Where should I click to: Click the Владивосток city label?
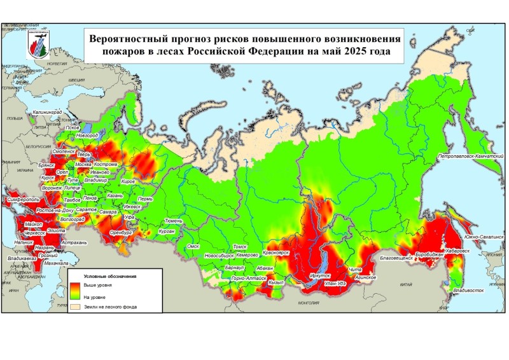tap(464, 291)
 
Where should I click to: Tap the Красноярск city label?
tap(275, 253)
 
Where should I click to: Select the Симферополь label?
tap(22, 199)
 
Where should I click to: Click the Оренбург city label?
tap(120, 233)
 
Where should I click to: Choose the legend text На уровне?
tap(95, 296)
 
